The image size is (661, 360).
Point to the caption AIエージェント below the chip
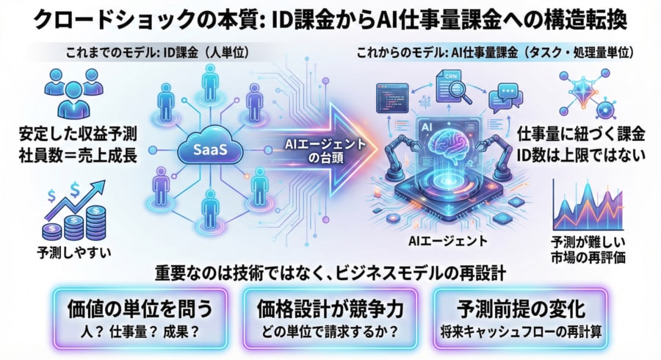pos(444,240)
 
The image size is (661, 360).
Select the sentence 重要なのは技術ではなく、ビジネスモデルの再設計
pos(330,272)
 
